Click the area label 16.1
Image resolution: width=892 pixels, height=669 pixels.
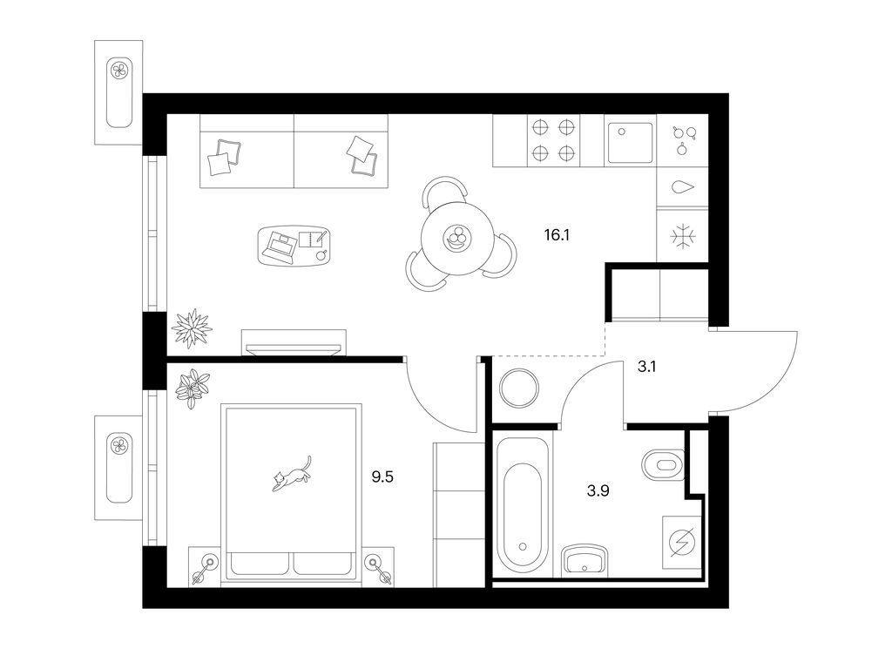557,235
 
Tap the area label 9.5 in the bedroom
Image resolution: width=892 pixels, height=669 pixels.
382,476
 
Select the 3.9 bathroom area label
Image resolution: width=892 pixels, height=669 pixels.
598,490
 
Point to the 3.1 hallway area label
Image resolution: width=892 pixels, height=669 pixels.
646,367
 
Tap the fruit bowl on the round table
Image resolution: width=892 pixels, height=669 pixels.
456,238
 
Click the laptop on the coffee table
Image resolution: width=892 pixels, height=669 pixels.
280,245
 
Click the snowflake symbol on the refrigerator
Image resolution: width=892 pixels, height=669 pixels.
681,236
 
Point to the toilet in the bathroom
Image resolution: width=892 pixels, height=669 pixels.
663,465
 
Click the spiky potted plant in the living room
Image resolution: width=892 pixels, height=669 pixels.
192,328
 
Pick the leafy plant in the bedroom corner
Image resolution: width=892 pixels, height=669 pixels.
193,388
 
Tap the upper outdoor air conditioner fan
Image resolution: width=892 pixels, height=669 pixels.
119,71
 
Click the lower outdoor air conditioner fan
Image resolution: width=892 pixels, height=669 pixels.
119,445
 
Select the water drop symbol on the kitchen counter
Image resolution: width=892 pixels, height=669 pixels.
683,187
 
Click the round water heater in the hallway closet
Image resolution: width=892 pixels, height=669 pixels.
518,389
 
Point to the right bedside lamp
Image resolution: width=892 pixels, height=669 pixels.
378,568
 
